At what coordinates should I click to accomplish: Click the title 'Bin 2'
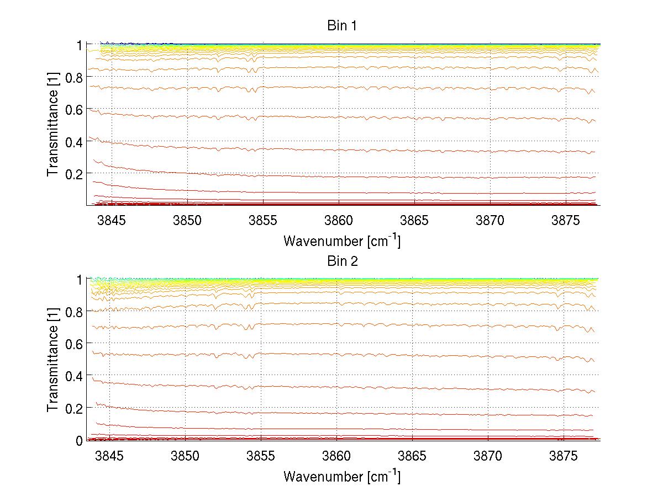(x=343, y=261)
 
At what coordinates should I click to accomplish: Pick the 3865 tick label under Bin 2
(x=413, y=456)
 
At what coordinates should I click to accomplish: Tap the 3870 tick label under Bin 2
(x=488, y=456)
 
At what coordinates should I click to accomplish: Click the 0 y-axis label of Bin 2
(x=80, y=440)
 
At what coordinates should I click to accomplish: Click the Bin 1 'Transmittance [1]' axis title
(x=53, y=125)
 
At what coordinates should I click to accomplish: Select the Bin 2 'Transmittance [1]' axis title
(x=53, y=360)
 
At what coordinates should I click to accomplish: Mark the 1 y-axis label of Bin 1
(x=80, y=45)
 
